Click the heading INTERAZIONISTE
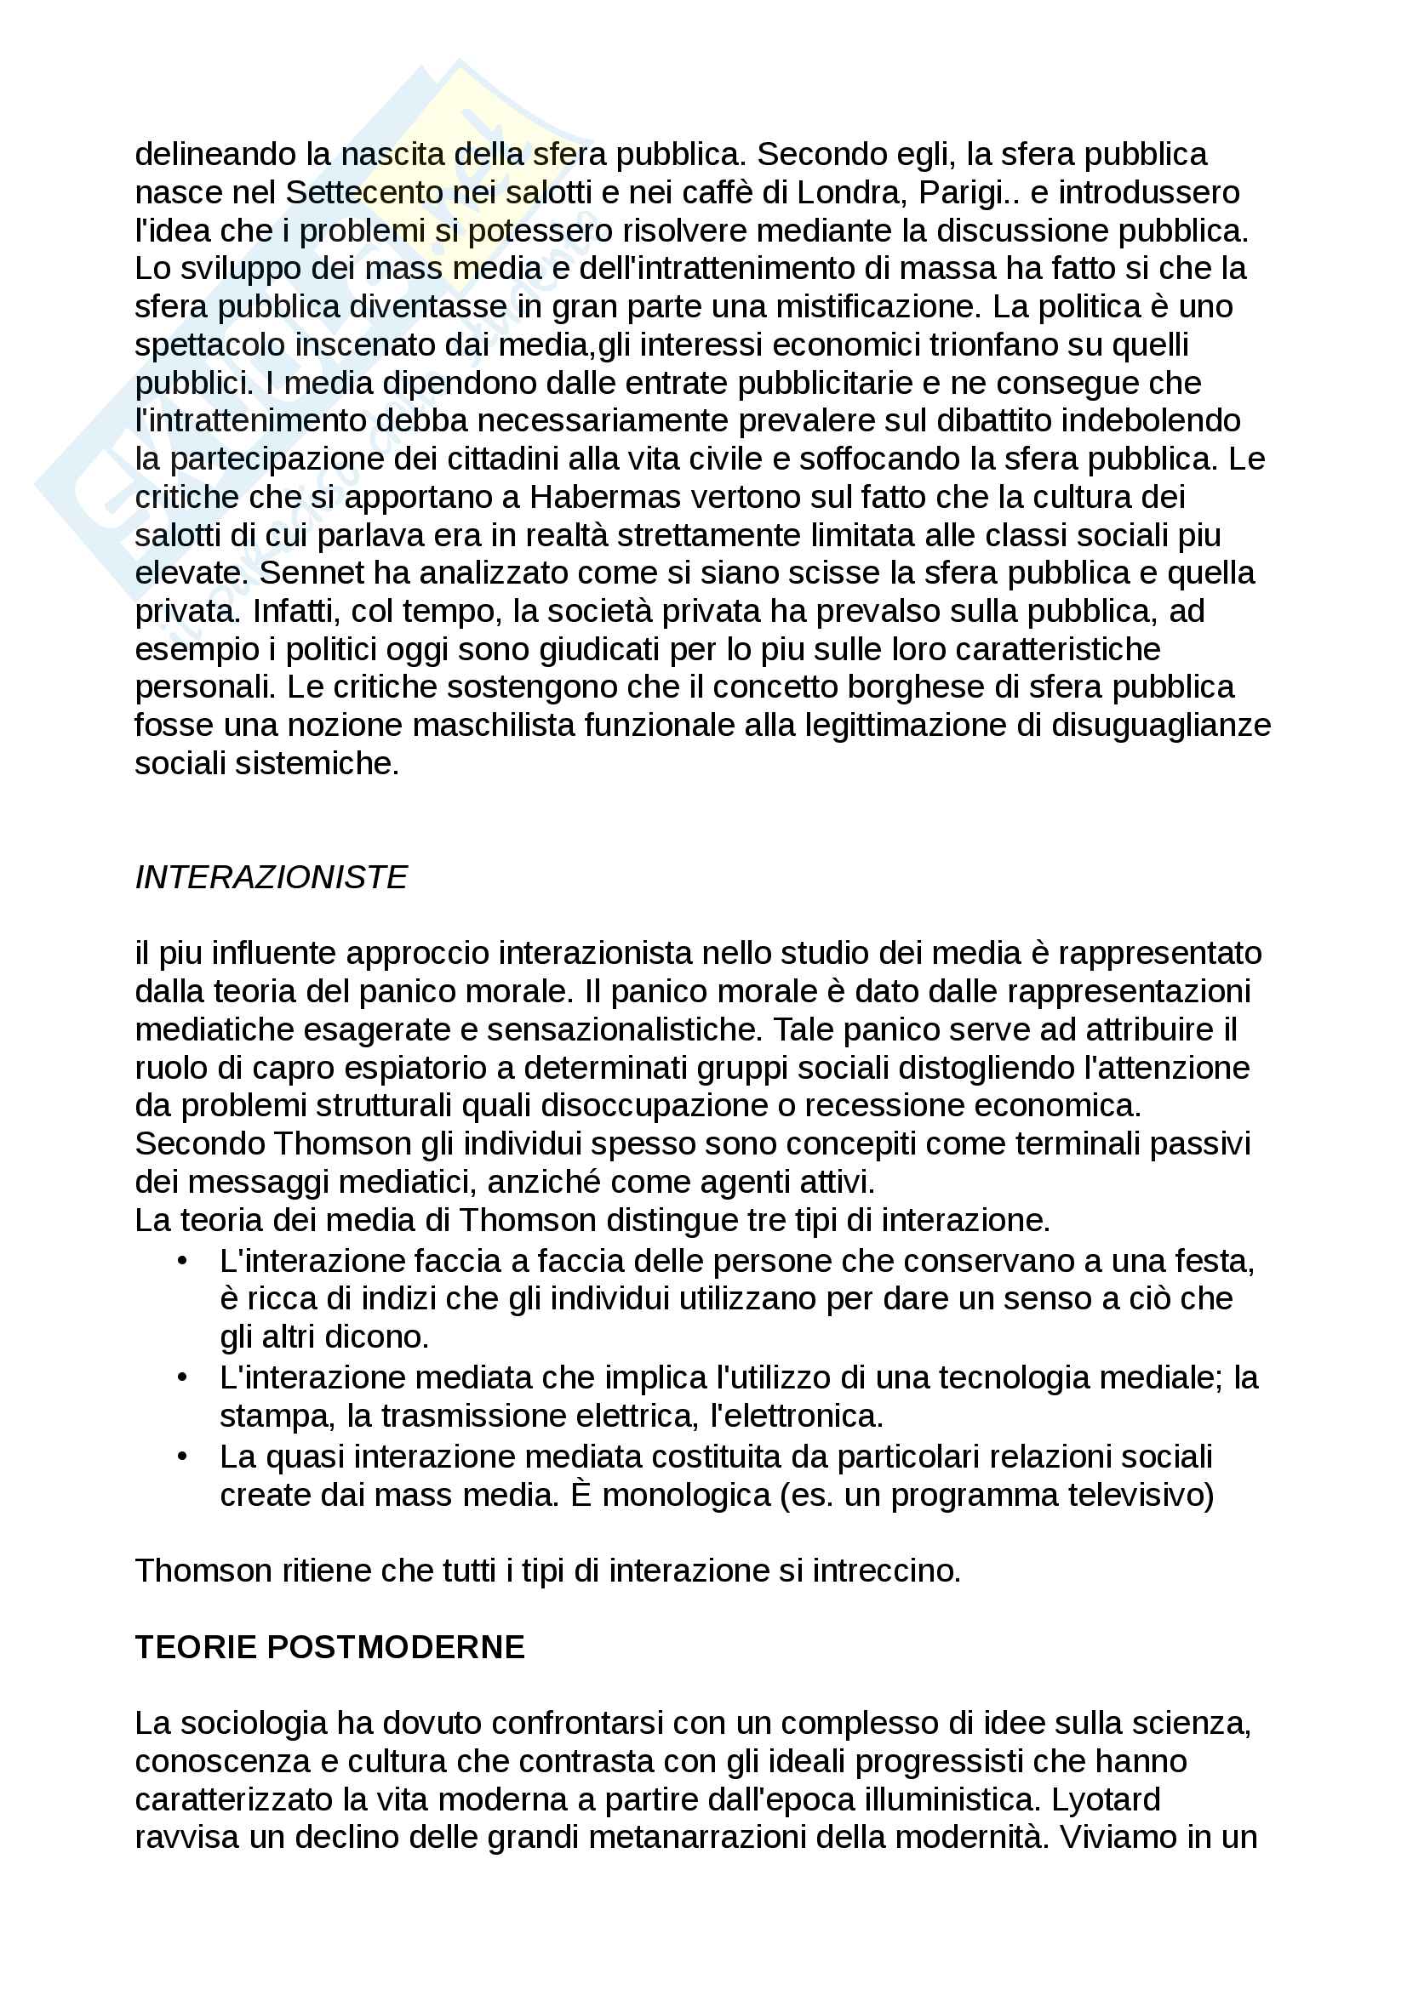click(x=271, y=877)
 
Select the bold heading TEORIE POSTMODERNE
click(x=330, y=1647)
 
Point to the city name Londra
click(x=847, y=192)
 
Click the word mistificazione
click(x=875, y=307)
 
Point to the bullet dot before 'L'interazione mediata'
click(x=182, y=1378)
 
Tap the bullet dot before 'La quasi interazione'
click(x=182, y=1457)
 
